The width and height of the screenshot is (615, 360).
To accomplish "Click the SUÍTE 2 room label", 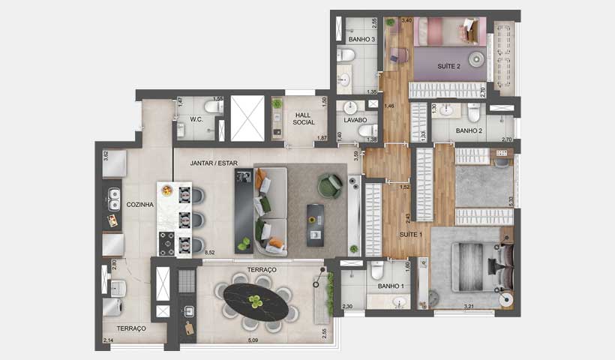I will tap(448, 66).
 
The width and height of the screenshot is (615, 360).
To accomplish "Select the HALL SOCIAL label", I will tap(304, 118).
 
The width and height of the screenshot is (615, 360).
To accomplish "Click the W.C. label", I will tap(196, 119).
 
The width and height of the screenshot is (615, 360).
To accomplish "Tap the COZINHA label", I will tap(139, 204).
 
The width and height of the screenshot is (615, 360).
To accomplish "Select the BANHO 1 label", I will tap(391, 286).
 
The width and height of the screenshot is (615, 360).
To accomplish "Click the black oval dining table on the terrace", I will tap(257, 302).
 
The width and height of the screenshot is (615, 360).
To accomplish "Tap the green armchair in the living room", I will tap(329, 185).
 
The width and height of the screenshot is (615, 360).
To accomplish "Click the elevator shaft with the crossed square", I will tap(247, 118).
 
